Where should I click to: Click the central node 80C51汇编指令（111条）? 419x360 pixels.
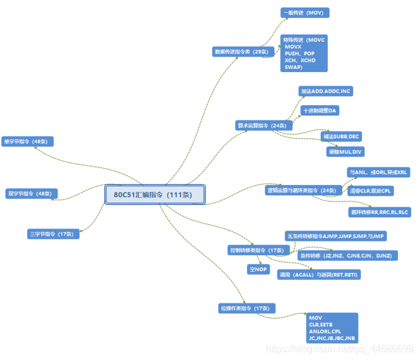(155, 195)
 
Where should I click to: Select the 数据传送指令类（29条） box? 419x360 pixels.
(241, 52)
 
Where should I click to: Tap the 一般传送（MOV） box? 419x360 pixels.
(305, 12)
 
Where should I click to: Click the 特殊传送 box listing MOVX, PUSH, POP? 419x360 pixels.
(305, 53)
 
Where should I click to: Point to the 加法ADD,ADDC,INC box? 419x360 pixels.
(326, 91)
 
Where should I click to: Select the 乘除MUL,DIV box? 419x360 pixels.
(346, 152)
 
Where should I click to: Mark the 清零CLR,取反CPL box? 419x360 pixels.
(371, 191)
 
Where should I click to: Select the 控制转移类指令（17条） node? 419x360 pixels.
(257, 250)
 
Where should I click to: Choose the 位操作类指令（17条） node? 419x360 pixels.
(246, 309)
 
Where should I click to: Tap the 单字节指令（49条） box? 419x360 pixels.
(27, 141)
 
